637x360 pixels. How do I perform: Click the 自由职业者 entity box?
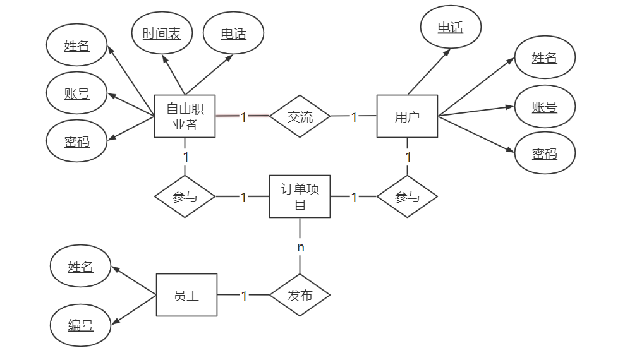185,116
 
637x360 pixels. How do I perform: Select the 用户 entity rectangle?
407,116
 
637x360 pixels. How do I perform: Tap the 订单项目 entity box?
300,196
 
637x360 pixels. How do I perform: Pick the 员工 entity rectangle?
187,295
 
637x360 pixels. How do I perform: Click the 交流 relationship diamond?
300,116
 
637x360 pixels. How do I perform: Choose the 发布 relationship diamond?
300,295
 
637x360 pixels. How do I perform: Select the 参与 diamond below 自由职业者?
185,196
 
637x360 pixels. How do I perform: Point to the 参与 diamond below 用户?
407,196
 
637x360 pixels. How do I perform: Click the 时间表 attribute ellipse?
162,33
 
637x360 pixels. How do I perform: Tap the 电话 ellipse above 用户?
451,27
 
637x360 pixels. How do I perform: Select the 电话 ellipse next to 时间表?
234,33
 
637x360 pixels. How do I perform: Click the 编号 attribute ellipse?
80,325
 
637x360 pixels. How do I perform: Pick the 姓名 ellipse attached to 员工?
80,267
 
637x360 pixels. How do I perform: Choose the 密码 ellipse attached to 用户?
545,153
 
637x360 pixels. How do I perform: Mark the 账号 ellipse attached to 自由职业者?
77,93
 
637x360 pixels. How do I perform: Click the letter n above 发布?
301,247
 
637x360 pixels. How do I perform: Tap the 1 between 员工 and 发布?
244,296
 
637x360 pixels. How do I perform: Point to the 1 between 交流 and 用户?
354,117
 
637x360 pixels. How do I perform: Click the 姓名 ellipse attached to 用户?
545,57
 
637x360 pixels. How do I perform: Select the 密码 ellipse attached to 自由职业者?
77,141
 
